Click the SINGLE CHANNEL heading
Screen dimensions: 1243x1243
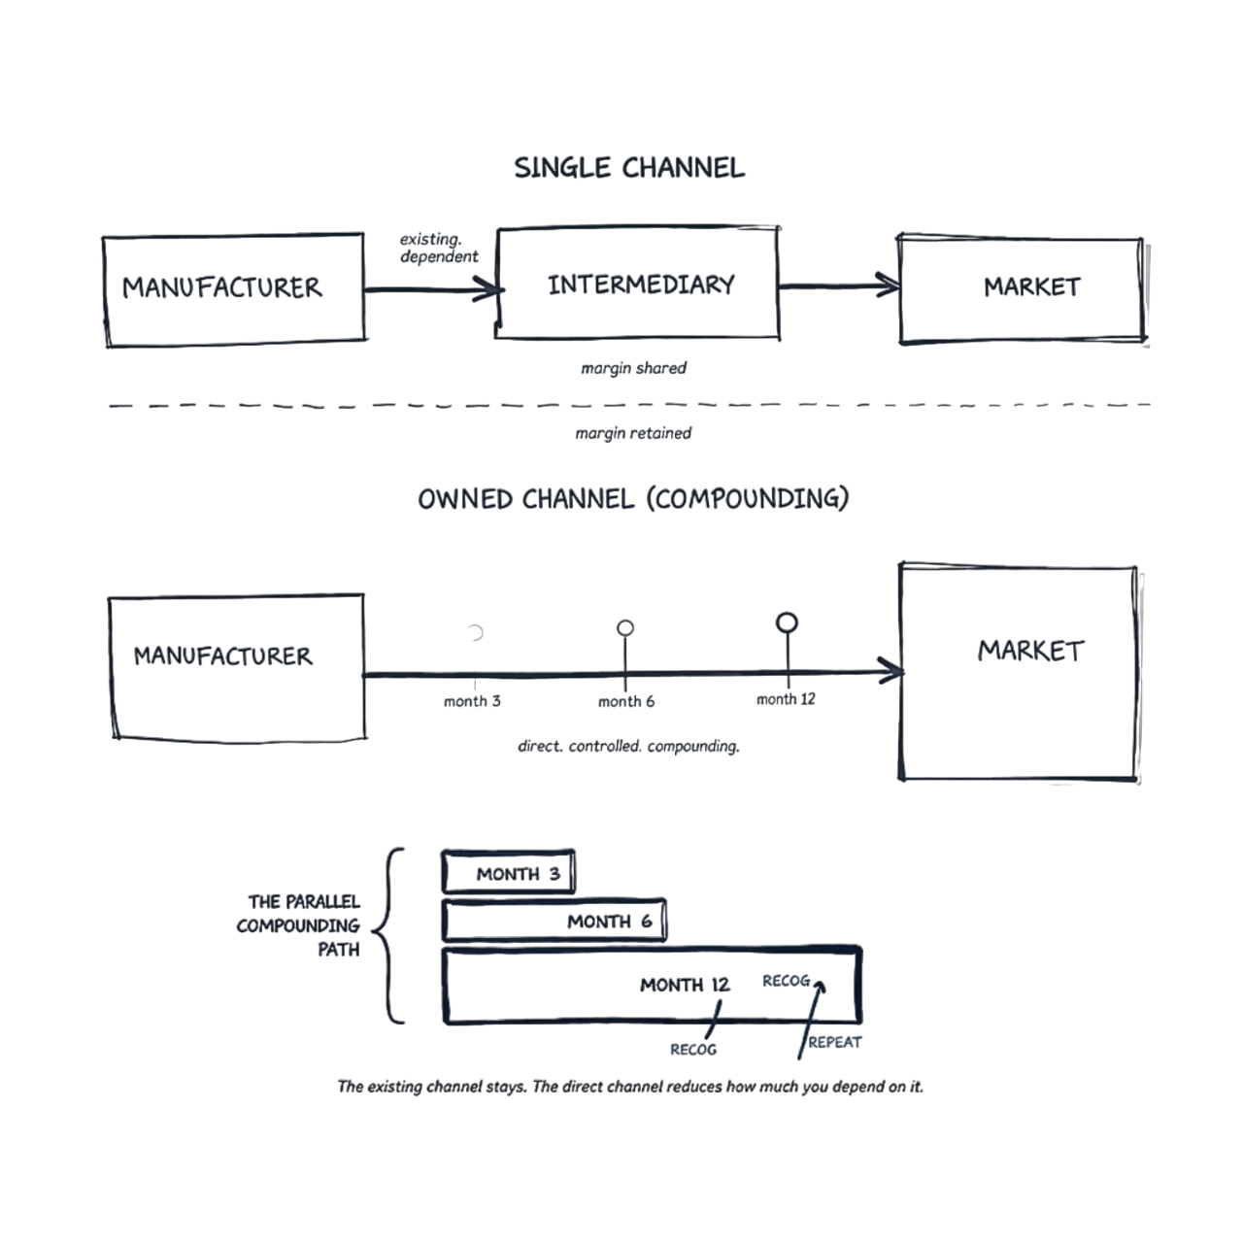pos(629,168)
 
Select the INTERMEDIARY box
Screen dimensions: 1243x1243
pos(638,285)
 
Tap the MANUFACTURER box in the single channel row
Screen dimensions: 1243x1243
pos(233,288)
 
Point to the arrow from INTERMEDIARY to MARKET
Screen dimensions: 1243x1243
pos(839,286)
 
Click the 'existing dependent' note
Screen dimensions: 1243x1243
pos(439,249)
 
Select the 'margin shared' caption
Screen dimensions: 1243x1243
pos(633,369)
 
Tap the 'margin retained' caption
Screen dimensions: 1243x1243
pos(633,433)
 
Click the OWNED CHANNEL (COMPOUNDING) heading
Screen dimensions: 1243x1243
pos(633,499)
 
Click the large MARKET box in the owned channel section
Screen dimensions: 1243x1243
pos(1019,671)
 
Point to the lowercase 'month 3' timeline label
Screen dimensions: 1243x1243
pos(472,701)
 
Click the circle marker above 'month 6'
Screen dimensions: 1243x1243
pos(625,627)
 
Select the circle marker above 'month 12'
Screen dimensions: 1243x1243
pos(787,621)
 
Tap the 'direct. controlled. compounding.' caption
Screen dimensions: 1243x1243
pos(629,747)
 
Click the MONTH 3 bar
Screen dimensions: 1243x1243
pos(509,872)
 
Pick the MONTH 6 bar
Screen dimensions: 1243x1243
pos(554,921)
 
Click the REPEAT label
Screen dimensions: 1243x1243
pos(835,1043)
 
